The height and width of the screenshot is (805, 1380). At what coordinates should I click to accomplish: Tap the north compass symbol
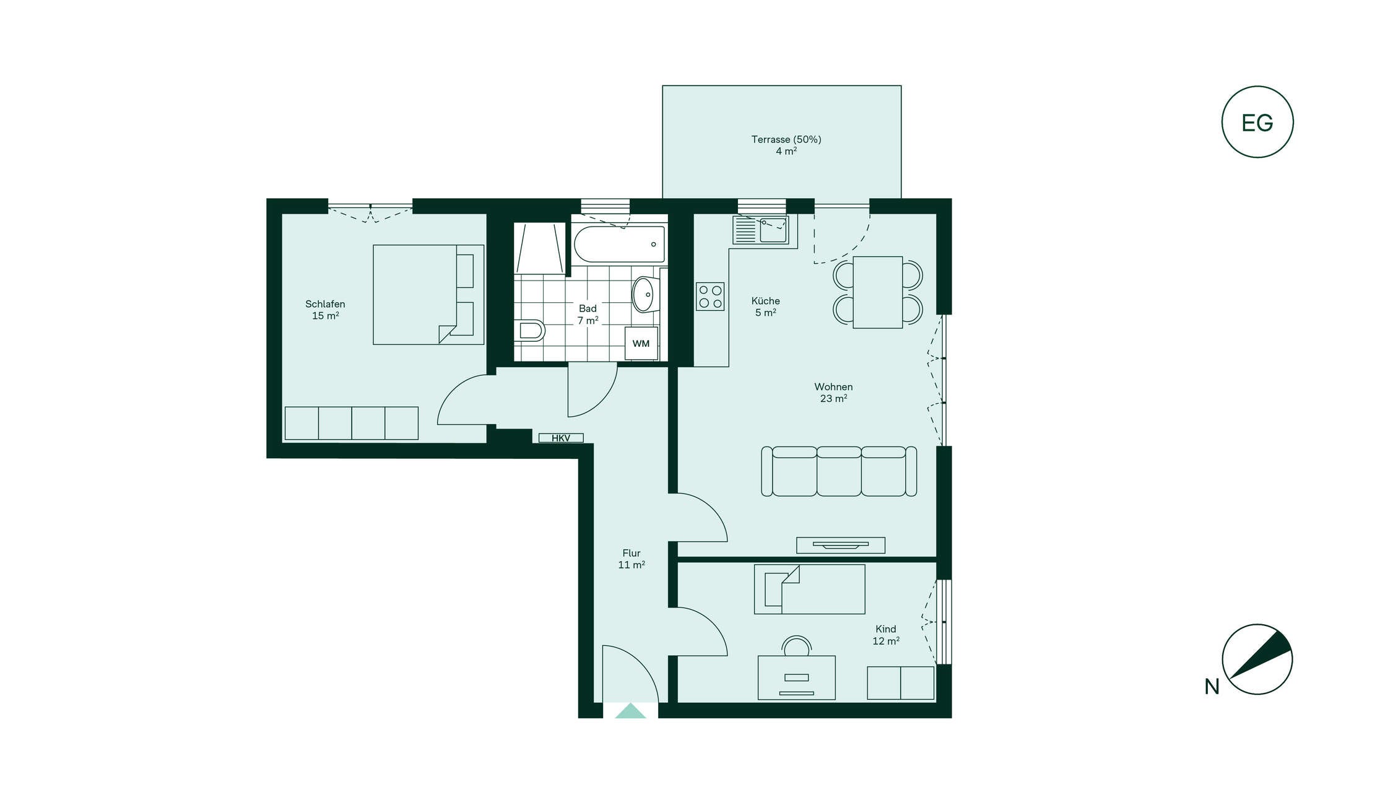coord(1257,659)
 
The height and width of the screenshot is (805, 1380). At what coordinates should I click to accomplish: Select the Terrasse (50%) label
coord(786,139)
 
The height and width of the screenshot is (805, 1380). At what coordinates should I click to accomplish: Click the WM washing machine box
coord(641,344)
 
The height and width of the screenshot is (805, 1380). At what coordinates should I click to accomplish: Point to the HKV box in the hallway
coord(561,438)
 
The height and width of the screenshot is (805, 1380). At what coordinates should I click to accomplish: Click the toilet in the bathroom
coord(529,330)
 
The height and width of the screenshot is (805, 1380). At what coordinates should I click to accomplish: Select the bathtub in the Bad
coord(619,244)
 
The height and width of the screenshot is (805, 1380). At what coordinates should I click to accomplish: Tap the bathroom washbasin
coord(644,294)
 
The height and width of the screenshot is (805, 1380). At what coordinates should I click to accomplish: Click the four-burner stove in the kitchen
coord(710,297)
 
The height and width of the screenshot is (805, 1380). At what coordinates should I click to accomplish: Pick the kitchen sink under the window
coord(761,230)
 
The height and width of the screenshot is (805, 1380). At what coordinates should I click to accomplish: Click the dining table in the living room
coord(877,292)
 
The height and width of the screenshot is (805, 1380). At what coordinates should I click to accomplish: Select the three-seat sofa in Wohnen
coord(839,471)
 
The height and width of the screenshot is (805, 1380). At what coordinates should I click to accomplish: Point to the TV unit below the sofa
coord(840,545)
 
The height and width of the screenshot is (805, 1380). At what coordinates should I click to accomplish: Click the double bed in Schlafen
coord(428,295)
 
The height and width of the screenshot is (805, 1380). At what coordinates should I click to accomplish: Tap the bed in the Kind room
coord(809,589)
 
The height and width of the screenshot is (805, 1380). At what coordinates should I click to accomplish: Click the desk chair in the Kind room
coord(797,646)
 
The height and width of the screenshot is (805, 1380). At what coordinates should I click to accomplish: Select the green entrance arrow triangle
coord(630,711)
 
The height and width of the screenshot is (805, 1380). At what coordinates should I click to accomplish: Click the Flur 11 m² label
coord(631,559)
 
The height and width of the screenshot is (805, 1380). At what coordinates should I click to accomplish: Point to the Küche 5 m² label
coord(766,307)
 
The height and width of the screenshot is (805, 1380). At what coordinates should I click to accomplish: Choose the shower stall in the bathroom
coord(540,248)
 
